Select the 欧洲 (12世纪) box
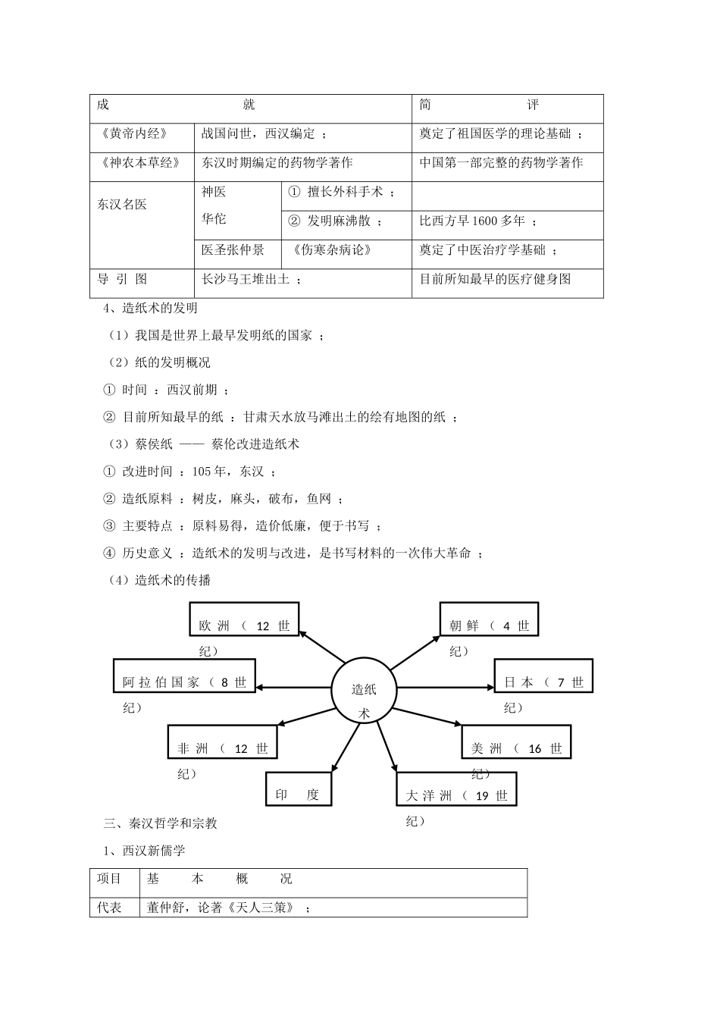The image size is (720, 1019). point(244,619)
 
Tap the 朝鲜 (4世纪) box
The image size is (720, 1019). point(489,619)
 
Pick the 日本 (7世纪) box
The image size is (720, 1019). point(543,676)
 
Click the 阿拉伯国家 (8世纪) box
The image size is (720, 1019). point(184,676)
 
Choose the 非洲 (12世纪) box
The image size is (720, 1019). point(222,742)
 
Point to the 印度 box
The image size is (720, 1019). point(298,789)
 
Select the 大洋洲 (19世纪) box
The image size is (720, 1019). point(456,789)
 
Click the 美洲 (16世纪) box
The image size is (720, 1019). point(516,742)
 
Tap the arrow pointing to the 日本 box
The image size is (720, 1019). point(445,688)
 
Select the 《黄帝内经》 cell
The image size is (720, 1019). point(142,133)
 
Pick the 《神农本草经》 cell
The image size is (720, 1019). point(142,162)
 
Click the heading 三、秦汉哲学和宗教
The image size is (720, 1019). point(161,823)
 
